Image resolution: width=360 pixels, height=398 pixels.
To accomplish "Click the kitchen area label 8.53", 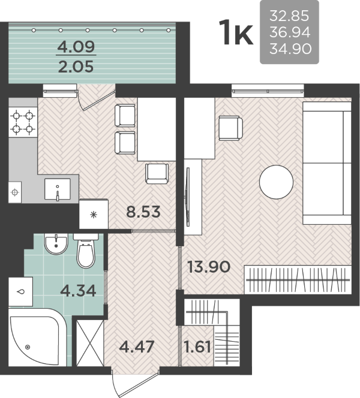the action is (x=143, y=212).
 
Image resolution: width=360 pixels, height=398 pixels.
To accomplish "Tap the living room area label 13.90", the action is (x=209, y=267).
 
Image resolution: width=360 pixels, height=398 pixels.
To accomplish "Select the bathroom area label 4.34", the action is (x=78, y=291).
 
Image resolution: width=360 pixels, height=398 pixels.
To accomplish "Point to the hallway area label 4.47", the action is (x=137, y=346).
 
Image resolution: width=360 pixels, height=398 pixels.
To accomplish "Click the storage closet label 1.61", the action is (x=197, y=346).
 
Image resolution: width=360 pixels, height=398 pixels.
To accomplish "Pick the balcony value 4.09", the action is (x=76, y=46).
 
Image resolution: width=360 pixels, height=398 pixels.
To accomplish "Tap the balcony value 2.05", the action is (x=76, y=67).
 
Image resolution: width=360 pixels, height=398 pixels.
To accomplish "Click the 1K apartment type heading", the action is (x=236, y=32).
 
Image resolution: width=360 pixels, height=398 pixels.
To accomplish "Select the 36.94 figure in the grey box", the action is (x=290, y=32).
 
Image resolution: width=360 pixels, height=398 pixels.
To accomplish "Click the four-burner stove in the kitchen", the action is (x=23, y=122).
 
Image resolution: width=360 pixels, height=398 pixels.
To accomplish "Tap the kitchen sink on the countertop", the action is (x=58, y=189).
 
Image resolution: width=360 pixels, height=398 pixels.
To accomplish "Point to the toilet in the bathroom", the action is (x=86, y=251).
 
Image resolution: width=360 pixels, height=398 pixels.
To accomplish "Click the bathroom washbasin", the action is (x=56, y=244).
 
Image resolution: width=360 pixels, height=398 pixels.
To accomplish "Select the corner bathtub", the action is (x=37, y=337).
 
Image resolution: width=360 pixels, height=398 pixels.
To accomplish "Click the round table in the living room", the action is (x=277, y=182).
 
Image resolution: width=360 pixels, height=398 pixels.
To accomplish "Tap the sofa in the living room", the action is (x=327, y=163).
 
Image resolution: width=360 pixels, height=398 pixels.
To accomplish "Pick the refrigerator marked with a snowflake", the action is (x=94, y=214).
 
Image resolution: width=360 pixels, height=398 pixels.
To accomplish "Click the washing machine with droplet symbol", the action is (x=20, y=291).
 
